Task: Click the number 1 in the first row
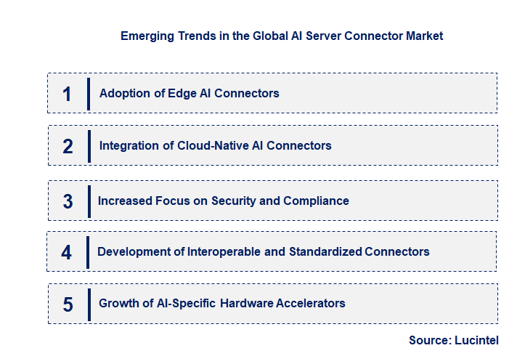point(67,94)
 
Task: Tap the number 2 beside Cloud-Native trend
point(68,146)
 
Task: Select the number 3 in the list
point(68,201)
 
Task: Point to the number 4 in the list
point(67,252)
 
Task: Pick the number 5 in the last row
point(68,304)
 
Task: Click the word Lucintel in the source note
point(478,340)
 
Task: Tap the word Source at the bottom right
point(431,340)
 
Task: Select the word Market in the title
point(423,36)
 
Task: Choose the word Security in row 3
point(235,201)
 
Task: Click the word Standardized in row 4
point(325,251)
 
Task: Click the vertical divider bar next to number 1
point(89,94)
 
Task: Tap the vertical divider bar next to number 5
point(89,304)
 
